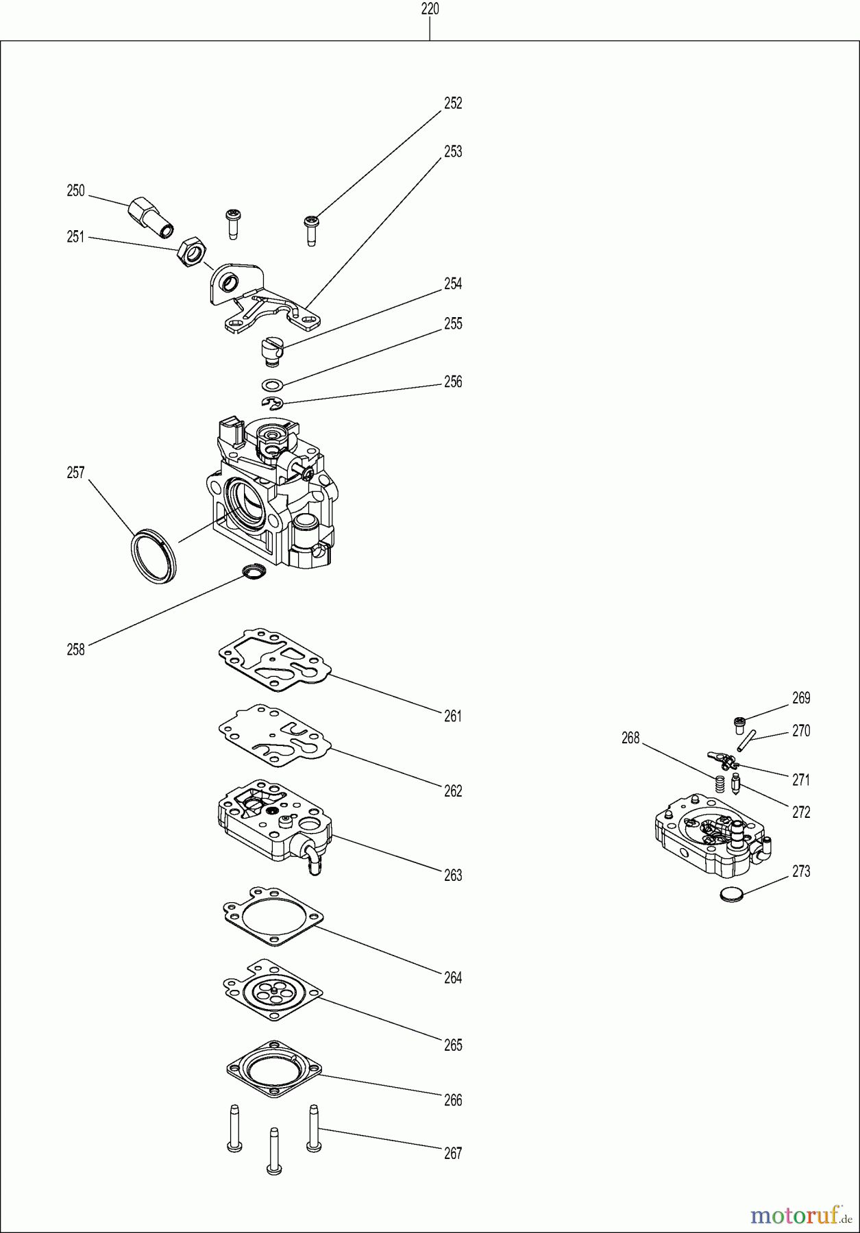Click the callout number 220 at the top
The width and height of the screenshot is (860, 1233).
430,9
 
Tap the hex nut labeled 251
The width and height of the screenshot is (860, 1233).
191,253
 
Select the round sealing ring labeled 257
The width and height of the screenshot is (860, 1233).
153,556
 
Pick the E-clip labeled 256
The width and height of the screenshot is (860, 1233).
272,403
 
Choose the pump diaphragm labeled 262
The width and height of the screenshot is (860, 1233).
273,736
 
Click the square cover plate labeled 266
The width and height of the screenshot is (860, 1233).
273,1067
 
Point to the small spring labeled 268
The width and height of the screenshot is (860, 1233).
720,784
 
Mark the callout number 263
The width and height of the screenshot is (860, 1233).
453,875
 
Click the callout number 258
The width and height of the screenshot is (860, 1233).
75,649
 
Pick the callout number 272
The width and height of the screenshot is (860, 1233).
801,812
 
